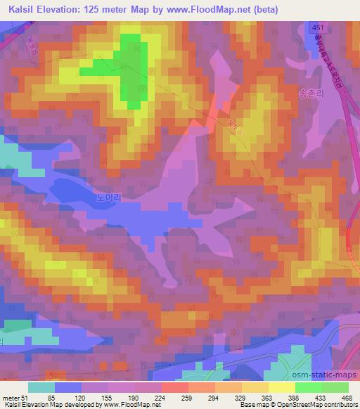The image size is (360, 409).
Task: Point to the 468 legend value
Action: pos(346,398)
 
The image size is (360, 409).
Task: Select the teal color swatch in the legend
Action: pos(42,387)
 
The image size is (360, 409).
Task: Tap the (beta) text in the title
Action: pos(265,10)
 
